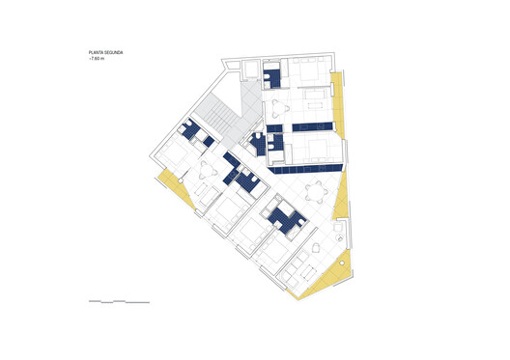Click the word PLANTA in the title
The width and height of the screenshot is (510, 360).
pyautogui.click(x=96, y=53)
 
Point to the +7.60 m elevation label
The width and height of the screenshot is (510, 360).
pyautogui.click(x=98, y=60)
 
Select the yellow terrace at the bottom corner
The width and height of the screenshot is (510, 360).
pyautogui.click(x=323, y=280)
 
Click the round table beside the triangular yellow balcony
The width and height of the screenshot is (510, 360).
pyautogui.click(x=315, y=189)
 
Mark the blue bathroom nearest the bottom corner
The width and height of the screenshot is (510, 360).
pyautogui.click(x=286, y=220)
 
